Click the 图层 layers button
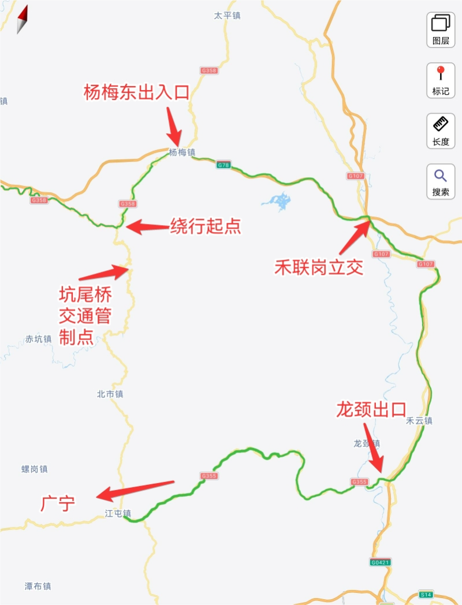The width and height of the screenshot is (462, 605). click(x=441, y=29)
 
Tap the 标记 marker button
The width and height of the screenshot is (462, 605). click(x=441, y=80)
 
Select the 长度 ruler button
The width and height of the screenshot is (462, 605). click(x=441, y=130)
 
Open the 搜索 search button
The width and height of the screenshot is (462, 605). click(x=441, y=181)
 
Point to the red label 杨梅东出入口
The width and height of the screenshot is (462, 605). click(x=137, y=92)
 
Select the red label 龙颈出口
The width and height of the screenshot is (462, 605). click(x=371, y=410)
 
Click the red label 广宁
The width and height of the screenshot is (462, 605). click(x=58, y=503)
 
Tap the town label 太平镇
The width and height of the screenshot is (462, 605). click(x=227, y=16)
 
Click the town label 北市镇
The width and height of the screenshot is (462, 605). click(x=110, y=394)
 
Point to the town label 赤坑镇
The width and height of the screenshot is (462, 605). click(x=39, y=339)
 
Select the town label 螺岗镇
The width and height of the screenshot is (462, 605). click(x=35, y=469)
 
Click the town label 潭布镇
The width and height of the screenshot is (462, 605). click(x=38, y=586)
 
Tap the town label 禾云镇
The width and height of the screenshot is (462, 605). click(x=419, y=421)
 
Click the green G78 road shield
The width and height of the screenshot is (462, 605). click(x=223, y=165)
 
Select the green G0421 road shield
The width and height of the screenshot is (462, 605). click(x=381, y=562)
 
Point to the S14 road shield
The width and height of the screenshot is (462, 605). click(x=426, y=594)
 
